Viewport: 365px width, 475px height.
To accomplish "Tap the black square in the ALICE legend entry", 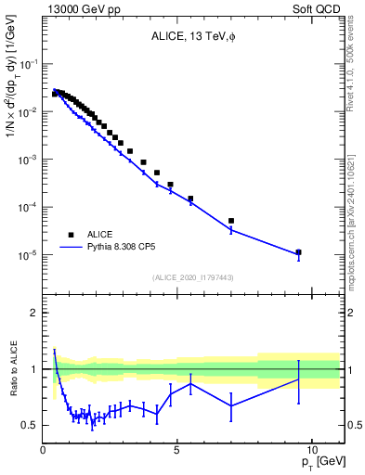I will click(70, 235).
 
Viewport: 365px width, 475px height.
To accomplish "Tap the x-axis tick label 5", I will click(177, 449).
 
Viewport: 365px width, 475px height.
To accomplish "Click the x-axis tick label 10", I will click(311, 449).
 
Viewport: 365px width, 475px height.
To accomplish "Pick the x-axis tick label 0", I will click(44, 449).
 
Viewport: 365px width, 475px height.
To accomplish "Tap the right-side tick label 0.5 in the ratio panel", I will click(355, 425).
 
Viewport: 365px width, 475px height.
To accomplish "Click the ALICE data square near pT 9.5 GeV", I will click(298, 251).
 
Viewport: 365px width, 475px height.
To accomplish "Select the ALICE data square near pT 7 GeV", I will click(231, 221).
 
